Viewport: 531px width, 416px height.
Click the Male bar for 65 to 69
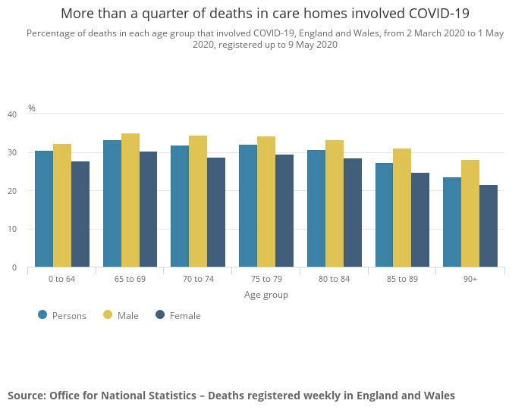tap(130, 200)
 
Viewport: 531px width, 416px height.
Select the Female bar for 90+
tap(489, 226)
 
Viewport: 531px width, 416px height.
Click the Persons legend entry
tap(61, 315)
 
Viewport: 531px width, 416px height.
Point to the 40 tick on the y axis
tap(11, 114)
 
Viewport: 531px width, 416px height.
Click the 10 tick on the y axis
tap(11, 229)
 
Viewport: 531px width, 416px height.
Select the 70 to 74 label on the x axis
tap(198, 279)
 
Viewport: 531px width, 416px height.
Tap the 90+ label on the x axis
tap(470, 279)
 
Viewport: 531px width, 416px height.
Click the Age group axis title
tap(265, 295)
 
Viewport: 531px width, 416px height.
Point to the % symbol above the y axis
tap(32, 108)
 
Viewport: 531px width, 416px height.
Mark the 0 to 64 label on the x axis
tap(62, 279)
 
